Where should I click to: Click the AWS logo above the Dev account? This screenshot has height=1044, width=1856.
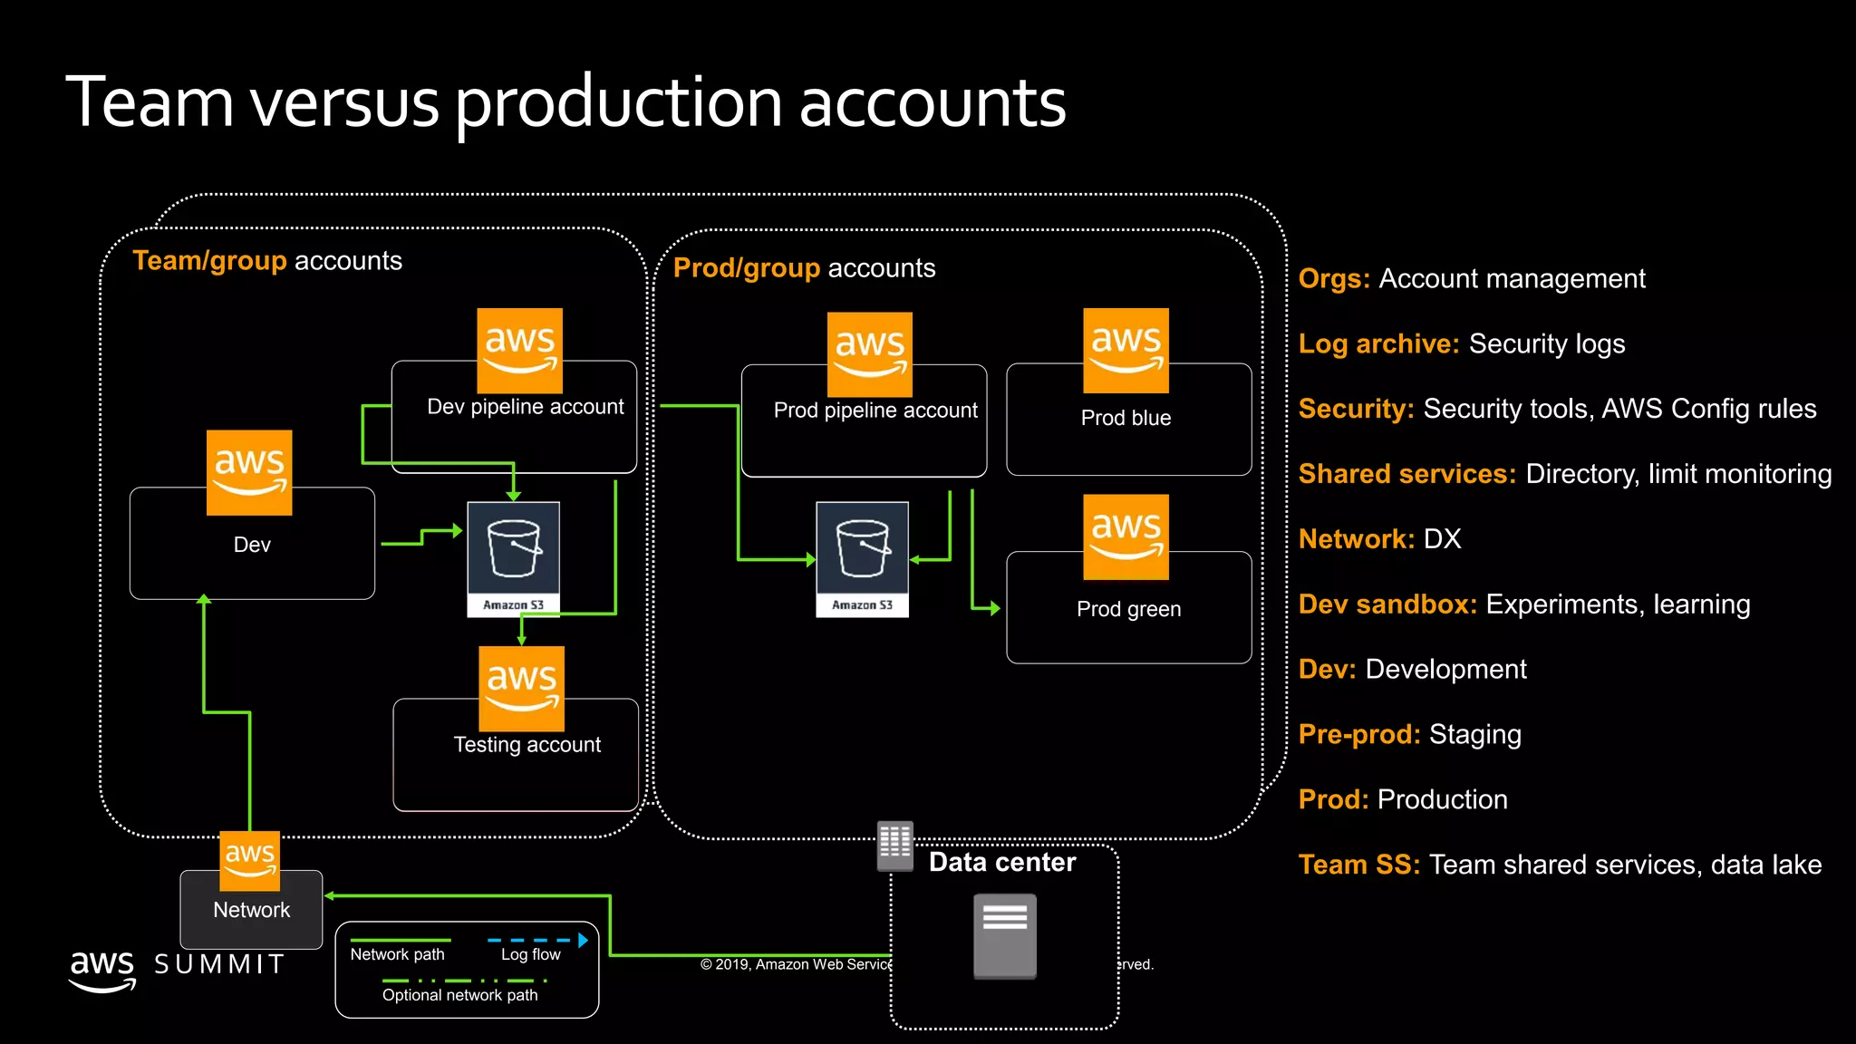tap(249, 473)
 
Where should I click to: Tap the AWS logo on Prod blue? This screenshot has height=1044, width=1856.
tap(1126, 351)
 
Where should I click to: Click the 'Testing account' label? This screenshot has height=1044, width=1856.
tap(527, 745)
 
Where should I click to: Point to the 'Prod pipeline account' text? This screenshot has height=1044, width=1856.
tap(875, 411)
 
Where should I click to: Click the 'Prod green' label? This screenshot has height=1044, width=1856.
tap(1128, 609)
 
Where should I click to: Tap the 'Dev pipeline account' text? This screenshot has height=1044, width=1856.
tap(525, 407)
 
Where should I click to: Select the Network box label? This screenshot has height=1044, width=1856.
tap(251, 910)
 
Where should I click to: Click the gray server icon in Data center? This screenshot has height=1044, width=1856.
tap(1004, 936)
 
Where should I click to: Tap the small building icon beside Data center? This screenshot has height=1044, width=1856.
tap(894, 845)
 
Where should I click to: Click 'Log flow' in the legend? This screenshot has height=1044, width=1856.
tap(531, 954)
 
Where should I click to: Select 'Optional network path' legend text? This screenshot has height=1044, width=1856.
tap(459, 995)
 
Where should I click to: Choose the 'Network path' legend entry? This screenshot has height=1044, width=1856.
tap(397, 954)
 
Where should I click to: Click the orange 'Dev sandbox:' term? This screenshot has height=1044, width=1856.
tap(1387, 604)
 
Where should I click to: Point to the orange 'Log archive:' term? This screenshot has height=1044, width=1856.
tap(1378, 344)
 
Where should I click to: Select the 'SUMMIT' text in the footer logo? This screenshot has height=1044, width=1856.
tap(219, 964)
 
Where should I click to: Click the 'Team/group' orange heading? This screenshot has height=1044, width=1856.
tap(209, 261)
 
